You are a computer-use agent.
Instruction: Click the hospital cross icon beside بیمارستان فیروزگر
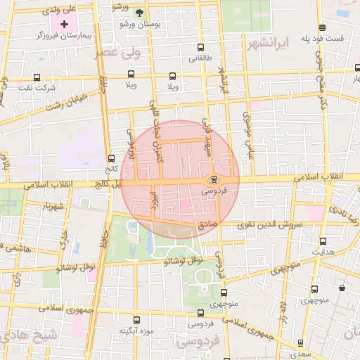tap(65, 24)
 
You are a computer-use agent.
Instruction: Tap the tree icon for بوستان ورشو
tap(139, 13)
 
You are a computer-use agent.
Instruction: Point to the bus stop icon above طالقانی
tap(201, 49)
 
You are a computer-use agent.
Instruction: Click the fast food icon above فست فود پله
tap(322, 28)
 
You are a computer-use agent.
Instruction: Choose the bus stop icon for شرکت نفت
tap(37, 77)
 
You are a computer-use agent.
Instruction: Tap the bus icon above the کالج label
tap(111, 159)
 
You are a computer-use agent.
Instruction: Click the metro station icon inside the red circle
tap(213, 179)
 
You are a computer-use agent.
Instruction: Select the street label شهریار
tap(52, 207)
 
